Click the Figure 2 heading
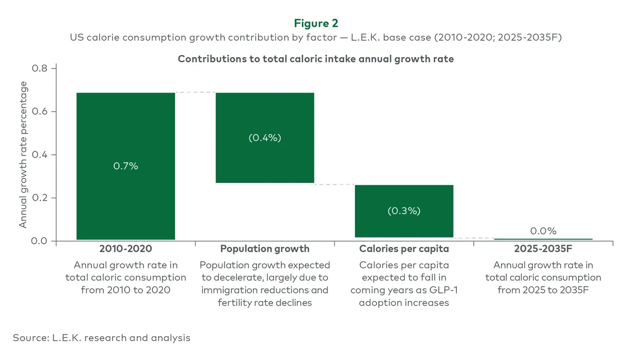tap(316, 23)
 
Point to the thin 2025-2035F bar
tap(543, 239)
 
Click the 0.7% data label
tap(125, 166)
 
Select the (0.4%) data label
tap(265, 137)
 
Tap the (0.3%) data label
tap(404, 211)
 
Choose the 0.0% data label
tap(543, 231)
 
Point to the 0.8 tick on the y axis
tap(40, 69)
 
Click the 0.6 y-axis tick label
tap(40, 112)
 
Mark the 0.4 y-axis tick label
tap(40, 155)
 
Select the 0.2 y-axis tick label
tap(40, 198)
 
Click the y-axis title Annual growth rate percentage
tap(23, 154)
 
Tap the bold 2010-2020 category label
tap(125, 249)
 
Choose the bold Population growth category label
tap(265, 249)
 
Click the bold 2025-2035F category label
tap(543, 249)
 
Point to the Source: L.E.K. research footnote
tap(102, 338)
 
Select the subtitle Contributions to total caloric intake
tap(316, 59)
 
